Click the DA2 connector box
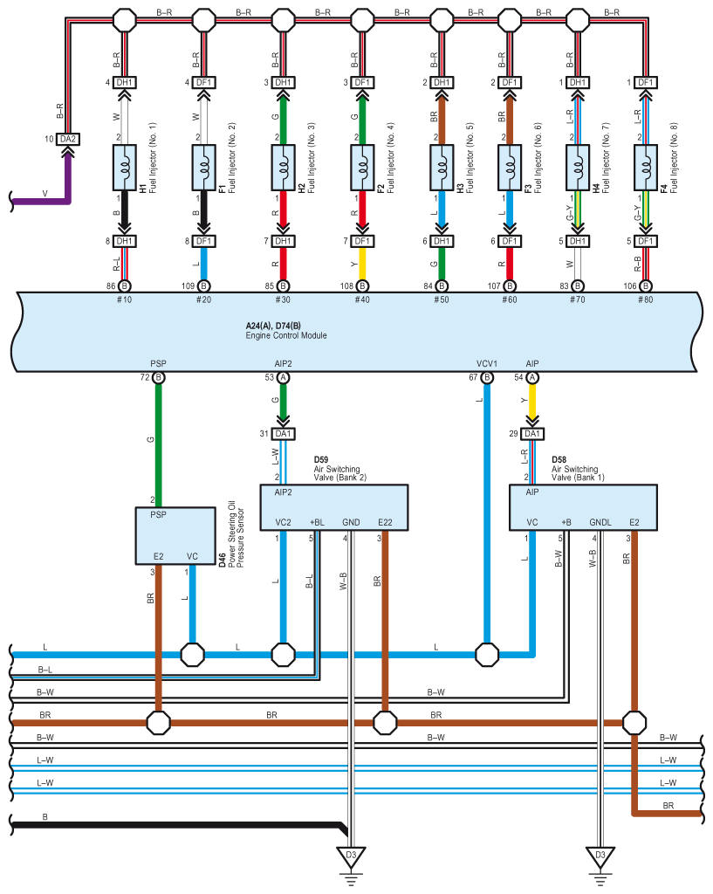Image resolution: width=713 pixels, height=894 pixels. coord(68,139)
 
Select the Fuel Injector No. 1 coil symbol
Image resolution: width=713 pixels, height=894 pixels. coord(124,168)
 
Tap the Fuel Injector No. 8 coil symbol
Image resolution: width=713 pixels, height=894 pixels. coord(645,168)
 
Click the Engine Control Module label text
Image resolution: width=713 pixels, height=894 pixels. coord(286,335)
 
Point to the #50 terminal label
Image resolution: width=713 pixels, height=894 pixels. coord(441,299)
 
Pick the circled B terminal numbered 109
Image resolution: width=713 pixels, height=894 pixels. coord(203,285)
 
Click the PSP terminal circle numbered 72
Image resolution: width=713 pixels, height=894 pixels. coord(159,377)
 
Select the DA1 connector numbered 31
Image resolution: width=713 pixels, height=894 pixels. coord(284,434)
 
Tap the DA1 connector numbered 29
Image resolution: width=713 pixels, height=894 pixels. coord(531,434)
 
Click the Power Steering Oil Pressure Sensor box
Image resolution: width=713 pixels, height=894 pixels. coord(175,536)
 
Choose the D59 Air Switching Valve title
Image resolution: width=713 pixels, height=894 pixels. coord(339,468)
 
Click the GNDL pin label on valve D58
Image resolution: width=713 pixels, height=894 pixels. coord(600,522)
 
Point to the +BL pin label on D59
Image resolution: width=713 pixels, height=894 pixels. coord(317,522)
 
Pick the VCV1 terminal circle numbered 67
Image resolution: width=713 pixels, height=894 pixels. coord(487,377)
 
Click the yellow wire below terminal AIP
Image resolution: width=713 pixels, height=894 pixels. coord(531,402)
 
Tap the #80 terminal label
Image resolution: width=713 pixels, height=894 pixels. coord(645,299)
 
